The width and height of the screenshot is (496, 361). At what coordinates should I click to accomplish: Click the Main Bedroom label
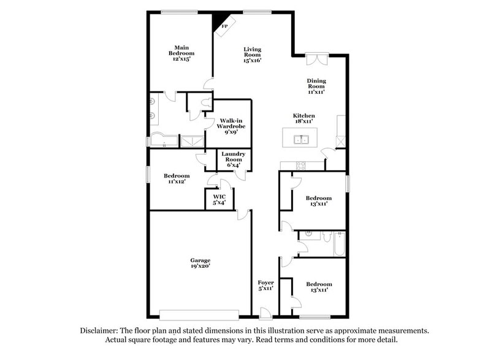181,53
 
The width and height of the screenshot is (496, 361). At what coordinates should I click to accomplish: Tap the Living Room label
252,54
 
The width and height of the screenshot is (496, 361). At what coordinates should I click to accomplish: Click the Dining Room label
316,86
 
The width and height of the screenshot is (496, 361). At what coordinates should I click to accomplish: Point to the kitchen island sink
300,139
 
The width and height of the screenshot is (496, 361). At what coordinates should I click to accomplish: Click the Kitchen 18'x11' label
303,119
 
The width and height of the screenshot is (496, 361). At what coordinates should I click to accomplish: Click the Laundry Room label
234,158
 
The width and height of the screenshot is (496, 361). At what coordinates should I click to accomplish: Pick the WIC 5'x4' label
219,199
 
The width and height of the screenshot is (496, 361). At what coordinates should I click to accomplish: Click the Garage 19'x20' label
200,263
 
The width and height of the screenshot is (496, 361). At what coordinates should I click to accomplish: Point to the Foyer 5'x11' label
265,285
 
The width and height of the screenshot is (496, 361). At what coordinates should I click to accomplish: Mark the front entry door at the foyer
265,314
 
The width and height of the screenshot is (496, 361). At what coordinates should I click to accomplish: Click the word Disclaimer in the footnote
102,330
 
